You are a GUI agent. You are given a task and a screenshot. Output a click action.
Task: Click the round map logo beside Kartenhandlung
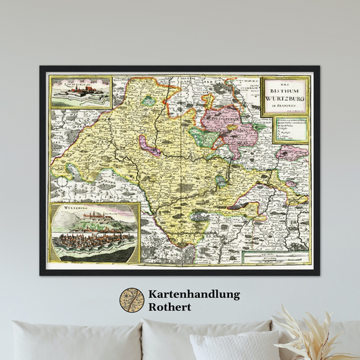pos(132,300)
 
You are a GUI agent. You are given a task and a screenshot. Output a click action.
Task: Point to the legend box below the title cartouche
pos(291,130)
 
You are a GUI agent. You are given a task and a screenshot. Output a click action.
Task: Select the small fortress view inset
pos(80,92)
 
